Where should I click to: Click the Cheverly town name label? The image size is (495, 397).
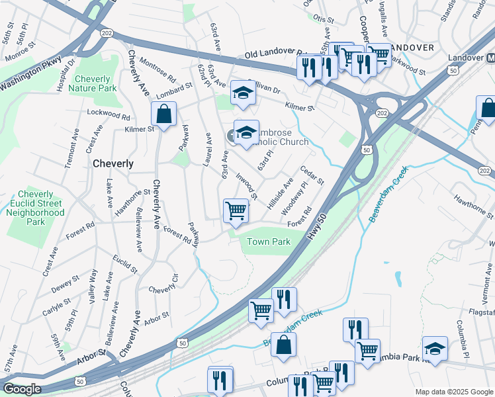[113, 163]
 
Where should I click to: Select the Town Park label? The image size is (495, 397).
[269, 242]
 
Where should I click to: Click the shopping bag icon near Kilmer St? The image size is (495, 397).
[163, 114]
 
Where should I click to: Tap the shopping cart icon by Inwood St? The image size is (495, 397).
[236, 210]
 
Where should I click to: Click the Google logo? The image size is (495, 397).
[22, 388]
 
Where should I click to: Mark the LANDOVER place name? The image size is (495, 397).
[412, 48]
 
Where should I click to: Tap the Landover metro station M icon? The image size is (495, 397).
[491, 58]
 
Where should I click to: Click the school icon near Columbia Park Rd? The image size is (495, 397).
[435, 348]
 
